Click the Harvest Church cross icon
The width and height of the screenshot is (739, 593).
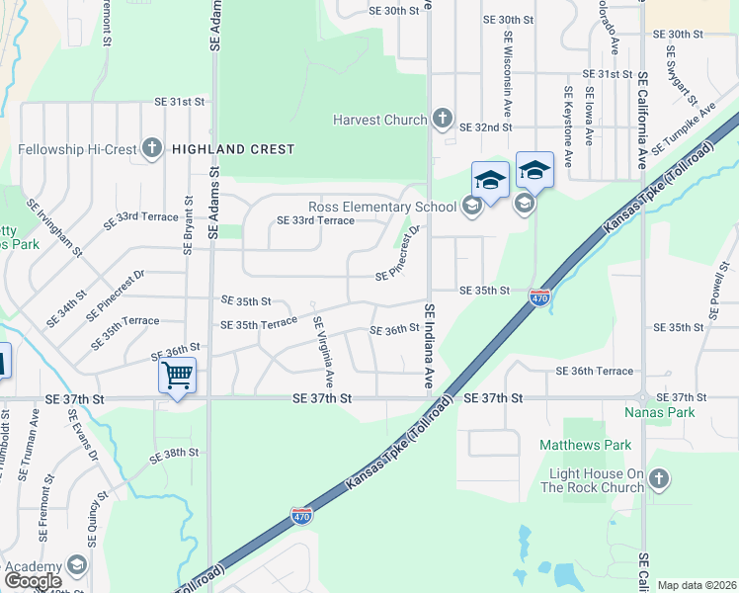(442, 120)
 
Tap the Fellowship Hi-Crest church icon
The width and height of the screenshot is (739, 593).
(151, 149)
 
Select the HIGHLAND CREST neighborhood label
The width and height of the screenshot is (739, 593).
(233, 149)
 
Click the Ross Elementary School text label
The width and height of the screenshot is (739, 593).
(382, 207)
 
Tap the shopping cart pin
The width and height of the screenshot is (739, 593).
(177, 376)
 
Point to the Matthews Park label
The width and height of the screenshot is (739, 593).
(585, 445)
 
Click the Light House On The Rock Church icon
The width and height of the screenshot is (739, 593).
(659, 480)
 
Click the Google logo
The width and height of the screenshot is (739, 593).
(33, 580)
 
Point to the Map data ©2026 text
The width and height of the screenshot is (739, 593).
(697, 585)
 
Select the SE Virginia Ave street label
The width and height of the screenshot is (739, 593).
(323, 352)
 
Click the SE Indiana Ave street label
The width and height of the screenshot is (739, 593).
(430, 345)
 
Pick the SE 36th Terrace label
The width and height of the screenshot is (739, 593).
(595, 371)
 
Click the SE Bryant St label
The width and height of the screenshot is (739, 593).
(186, 218)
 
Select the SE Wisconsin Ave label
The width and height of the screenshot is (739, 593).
(509, 70)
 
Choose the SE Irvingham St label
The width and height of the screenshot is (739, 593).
(55, 226)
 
